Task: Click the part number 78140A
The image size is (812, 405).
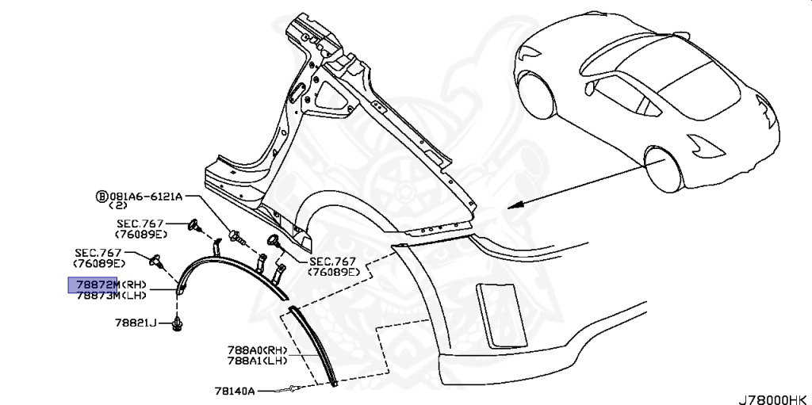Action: coord(233,391)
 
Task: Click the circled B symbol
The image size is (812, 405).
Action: coord(101,196)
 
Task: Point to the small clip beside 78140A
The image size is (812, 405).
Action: coord(293,388)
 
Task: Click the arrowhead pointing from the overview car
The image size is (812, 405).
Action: coord(514,204)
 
